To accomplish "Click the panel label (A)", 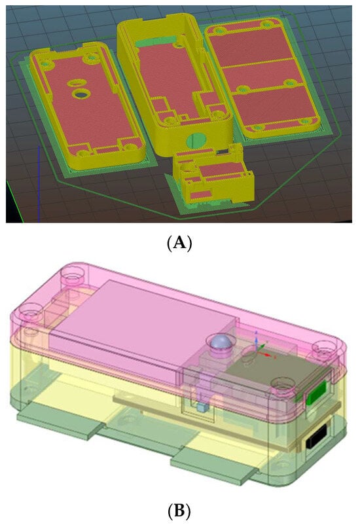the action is [179, 242].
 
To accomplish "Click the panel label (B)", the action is [179, 511].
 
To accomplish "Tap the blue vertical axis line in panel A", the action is [39, 184].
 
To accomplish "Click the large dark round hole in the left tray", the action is [81, 94].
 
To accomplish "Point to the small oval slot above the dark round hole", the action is [77, 82].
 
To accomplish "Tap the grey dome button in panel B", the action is [220, 342].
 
